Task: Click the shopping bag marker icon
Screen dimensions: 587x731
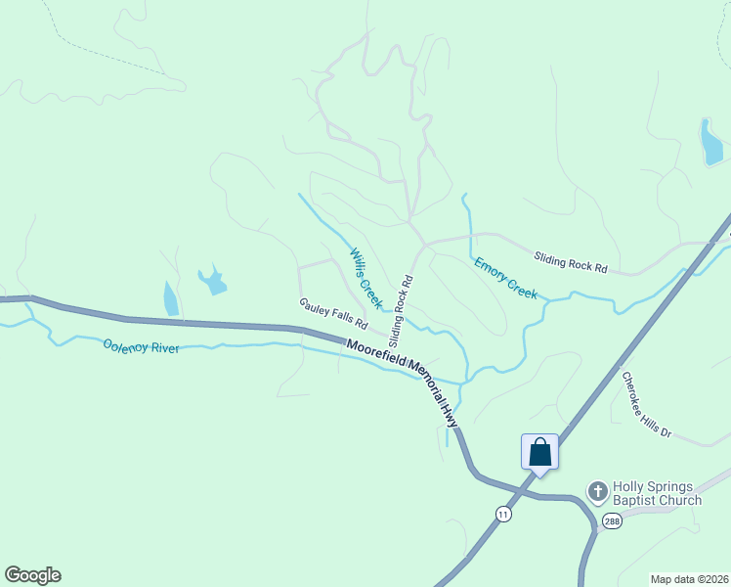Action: click(x=539, y=452)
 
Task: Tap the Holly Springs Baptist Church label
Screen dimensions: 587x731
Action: click(x=657, y=493)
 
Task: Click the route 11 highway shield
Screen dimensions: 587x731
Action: click(x=502, y=514)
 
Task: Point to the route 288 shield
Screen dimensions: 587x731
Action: click(x=611, y=520)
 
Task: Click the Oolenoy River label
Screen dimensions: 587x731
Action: click(x=142, y=346)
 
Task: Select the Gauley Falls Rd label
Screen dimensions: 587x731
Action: click(x=333, y=312)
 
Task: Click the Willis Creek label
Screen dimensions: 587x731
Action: click(x=365, y=278)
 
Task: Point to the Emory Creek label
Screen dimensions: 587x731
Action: click(x=505, y=279)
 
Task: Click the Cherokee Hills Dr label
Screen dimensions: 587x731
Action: click(x=647, y=404)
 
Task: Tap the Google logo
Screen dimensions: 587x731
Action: click(x=32, y=575)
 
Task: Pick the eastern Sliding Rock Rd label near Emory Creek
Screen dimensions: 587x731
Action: click(x=571, y=261)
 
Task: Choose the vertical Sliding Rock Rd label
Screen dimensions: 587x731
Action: click(x=401, y=311)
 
